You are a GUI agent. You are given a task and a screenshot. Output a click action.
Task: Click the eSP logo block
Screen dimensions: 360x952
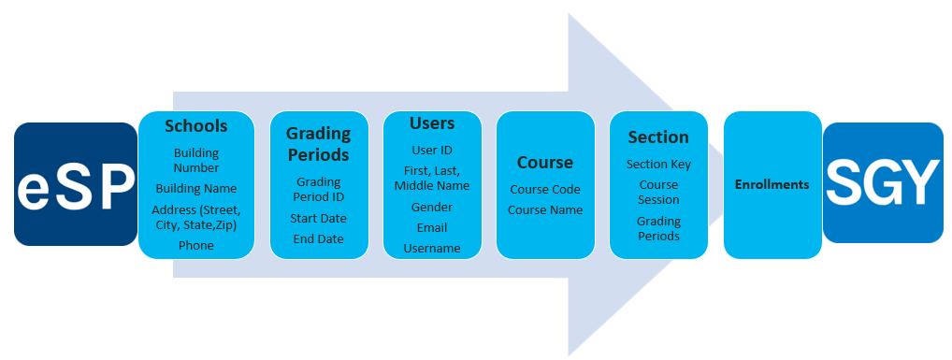pyautogui.click(x=76, y=185)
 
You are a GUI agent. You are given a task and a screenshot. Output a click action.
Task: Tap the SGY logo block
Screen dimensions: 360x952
pyautogui.click(x=883, y=183)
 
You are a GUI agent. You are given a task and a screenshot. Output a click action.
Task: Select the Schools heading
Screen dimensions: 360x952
pyautogui.click(x=195, y=126)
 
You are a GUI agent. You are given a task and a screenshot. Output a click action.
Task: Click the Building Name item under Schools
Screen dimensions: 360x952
pyautogui.click(x=195, y=188)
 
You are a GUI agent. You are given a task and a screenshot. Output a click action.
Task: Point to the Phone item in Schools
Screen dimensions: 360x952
pyautogui.click(x=195, y=245)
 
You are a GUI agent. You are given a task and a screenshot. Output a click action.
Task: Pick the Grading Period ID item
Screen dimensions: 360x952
pyautogui.click(x=318, y=190)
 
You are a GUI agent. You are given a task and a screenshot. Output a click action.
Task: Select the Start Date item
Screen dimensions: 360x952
pyautogui.click(x=318, y=218)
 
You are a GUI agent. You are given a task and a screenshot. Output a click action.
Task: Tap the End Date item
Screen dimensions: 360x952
pyautogui.click(x=318, y=238)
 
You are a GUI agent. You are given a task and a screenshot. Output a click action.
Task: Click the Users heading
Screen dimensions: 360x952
pyautogui.click(x=432, y=123)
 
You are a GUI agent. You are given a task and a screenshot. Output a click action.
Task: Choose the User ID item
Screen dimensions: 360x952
pyautogui.click(x=432, y=150)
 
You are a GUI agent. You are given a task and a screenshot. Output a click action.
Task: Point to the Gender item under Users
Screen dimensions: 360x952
pyautogui.click(x=432, y=207)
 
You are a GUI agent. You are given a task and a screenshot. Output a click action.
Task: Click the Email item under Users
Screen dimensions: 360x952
pyautogui.click(x=432, y=227)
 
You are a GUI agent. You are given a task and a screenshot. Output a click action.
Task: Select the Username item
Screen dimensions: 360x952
pyautogui.click(x=432, y=248)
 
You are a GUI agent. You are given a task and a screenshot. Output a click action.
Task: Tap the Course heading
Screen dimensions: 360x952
pyautogui.click(x=545, y=162)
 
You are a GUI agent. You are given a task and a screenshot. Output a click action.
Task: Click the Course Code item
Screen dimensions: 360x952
pyautogui.click(x=545, y=189)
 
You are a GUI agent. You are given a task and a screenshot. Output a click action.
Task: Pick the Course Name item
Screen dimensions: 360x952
pyautogui.click(x=545, y=209)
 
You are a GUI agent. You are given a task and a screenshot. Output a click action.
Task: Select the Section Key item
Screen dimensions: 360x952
pyautogui.click(x=658, y=164)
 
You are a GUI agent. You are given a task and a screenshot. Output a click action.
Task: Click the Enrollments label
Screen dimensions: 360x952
pyautogui.click(x=772, y=184)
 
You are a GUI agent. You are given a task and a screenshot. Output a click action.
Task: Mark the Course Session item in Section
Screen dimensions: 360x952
pyautogui.click(x=658, y=192)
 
